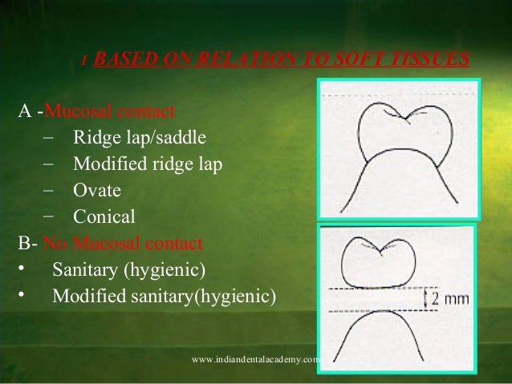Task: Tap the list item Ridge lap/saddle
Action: [x=133, y=137]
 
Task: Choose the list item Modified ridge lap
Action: [x=148, y=164]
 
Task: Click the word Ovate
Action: [x=97, y=191]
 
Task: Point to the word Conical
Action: [x=104, y=216]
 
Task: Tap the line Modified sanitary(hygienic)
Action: [x=164, y=296]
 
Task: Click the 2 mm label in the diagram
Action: [x=451, y=300]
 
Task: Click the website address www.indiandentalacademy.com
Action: [x=257, y=360]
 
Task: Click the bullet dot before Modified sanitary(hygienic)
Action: [x=23, y=296]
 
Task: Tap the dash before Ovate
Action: [x=47, y=191]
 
